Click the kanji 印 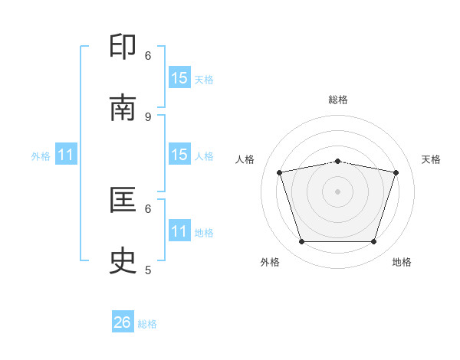(x=123, y=46)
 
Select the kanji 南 (x=123, y=107)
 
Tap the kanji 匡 (x=123, y=200)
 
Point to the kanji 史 (x=123, y=260)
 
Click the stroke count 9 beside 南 (x=148, y=117)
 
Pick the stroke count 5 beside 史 (x=148, y=270)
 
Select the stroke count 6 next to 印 (x=148, y=56)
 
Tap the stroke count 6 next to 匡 (x=148, y=209)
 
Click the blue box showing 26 (x=123, y=321)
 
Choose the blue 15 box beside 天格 (x=180, y=77)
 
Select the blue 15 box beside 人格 (x=180, y=154)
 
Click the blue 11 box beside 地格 (x=180, y=230)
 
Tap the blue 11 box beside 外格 (x=66, y=154)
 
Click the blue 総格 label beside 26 (x=147, y=324)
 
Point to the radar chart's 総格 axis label (x=338, y=100)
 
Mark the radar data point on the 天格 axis (x=396, y=172)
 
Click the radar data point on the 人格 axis (x=280, y=172)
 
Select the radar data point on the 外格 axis (x=302, y=241)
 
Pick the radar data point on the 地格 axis (x=373, y=241)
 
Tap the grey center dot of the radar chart (x=337, y=191)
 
